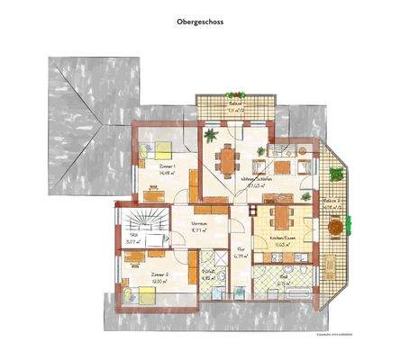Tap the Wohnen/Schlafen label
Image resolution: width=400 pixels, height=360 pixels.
257,178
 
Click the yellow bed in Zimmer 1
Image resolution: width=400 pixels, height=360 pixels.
163,149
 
